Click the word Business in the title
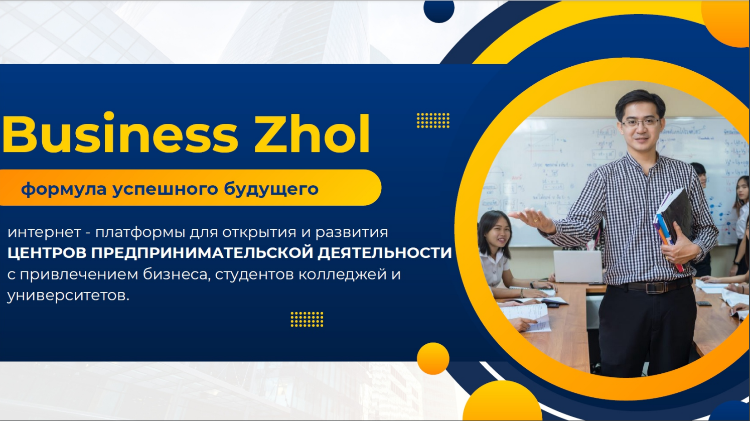click(x=120, y=134)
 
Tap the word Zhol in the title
click(x=312, y=134)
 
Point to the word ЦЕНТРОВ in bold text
click(x=47, y=253)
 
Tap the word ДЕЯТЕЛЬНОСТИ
click(x=385, y=253)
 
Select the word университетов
click(x=68, y=296)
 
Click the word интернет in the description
click(x=44, y=232)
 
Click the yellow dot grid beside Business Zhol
click(x=433, y=120)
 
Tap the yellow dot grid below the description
click(x=307, y=319)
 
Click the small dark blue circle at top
click(x=439, y=10)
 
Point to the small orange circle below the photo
click(x=433, y=358)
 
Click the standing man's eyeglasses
click(x=641, y=122)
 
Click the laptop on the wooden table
click(x=573, y=266)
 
